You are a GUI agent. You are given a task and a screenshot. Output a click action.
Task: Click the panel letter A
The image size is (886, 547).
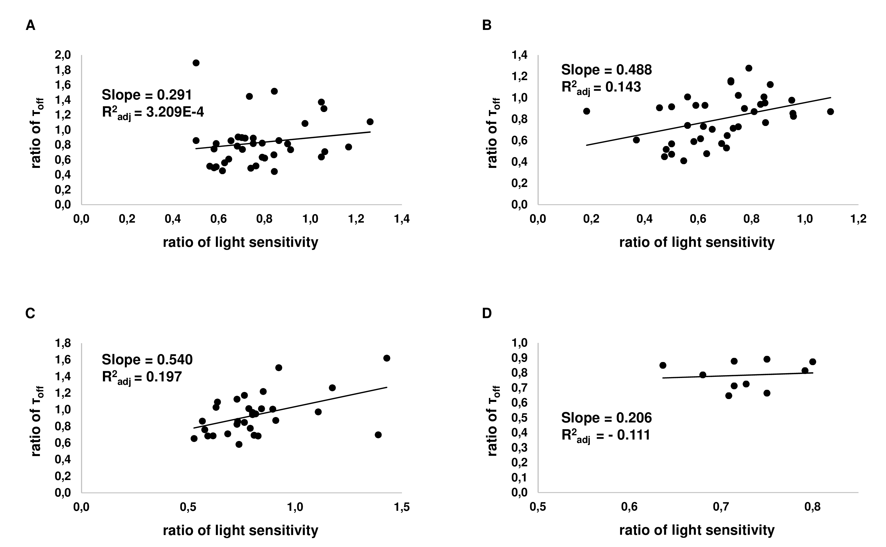(x=31, y=26)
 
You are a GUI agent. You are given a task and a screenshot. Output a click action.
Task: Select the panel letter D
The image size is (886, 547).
(x=487, y=313)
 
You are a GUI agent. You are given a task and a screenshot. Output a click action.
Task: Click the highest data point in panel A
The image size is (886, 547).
(x=196, y=63)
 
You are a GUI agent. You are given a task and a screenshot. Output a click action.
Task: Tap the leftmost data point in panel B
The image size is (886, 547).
(x=586, y=111)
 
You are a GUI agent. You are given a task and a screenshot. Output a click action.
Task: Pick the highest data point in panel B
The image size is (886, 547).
(x=749, y=68)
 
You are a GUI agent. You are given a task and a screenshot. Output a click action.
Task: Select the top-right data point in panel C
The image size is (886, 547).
(x=387, y=358)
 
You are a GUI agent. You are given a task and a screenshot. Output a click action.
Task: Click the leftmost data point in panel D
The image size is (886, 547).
(x=663, y=365)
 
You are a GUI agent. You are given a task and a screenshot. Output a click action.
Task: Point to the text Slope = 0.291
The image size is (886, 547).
(x=147, y=95)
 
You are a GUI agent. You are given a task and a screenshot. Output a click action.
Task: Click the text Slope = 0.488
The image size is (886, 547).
(x=606, y=70)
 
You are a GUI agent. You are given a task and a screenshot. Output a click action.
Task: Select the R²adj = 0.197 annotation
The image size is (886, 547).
(x=141, y=378)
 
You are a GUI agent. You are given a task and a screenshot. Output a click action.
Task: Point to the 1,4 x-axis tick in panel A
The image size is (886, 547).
(x=402, y=219)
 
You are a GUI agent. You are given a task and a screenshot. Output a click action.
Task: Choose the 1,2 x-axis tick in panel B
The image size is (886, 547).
(x=858, y=219)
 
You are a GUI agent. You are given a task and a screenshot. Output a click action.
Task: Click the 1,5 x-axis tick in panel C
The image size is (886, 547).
(x=402, y=507)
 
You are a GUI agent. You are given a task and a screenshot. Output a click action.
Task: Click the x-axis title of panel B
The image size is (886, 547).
(x=697, y=242)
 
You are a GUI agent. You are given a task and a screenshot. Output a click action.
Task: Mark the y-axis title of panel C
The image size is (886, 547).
(x=36, y=421)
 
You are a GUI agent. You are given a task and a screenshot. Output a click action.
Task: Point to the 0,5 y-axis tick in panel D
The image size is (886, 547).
(x=519, y=418)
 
